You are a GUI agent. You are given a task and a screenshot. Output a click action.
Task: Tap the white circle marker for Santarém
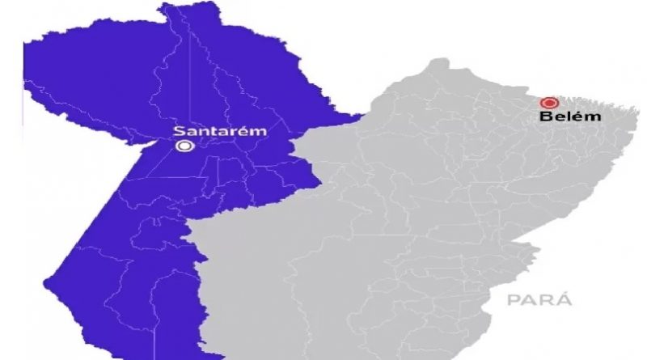184,146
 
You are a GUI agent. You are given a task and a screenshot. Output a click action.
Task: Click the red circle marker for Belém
549,103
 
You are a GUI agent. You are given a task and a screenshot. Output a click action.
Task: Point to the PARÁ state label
539,301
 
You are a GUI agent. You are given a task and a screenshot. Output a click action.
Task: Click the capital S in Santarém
180,130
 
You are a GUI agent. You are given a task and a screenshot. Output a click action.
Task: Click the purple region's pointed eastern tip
360,116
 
